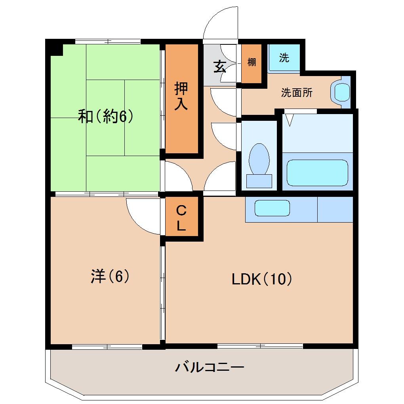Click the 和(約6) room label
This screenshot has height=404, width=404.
tap(105, 116)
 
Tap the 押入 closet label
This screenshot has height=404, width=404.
tap(181, 97)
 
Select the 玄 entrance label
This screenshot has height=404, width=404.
tap(219, 66)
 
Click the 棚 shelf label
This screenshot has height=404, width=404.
tap(252, 62)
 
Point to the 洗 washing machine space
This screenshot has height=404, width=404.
tap(284, 58)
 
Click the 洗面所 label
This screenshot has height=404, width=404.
tap(297, 93)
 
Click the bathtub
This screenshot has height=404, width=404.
tap(317, 172)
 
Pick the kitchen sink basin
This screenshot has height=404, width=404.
tap(272, 208)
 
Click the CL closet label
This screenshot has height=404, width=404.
tap(181, 218)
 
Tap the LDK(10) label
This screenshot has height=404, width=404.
tap(262, 280)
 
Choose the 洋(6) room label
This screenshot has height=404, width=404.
tap(110, 276)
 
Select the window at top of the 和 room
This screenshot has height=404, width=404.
tap(108, 41)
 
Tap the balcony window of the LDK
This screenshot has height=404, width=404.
tap(260, 346)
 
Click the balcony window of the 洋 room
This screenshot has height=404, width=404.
tap(107, 347)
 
